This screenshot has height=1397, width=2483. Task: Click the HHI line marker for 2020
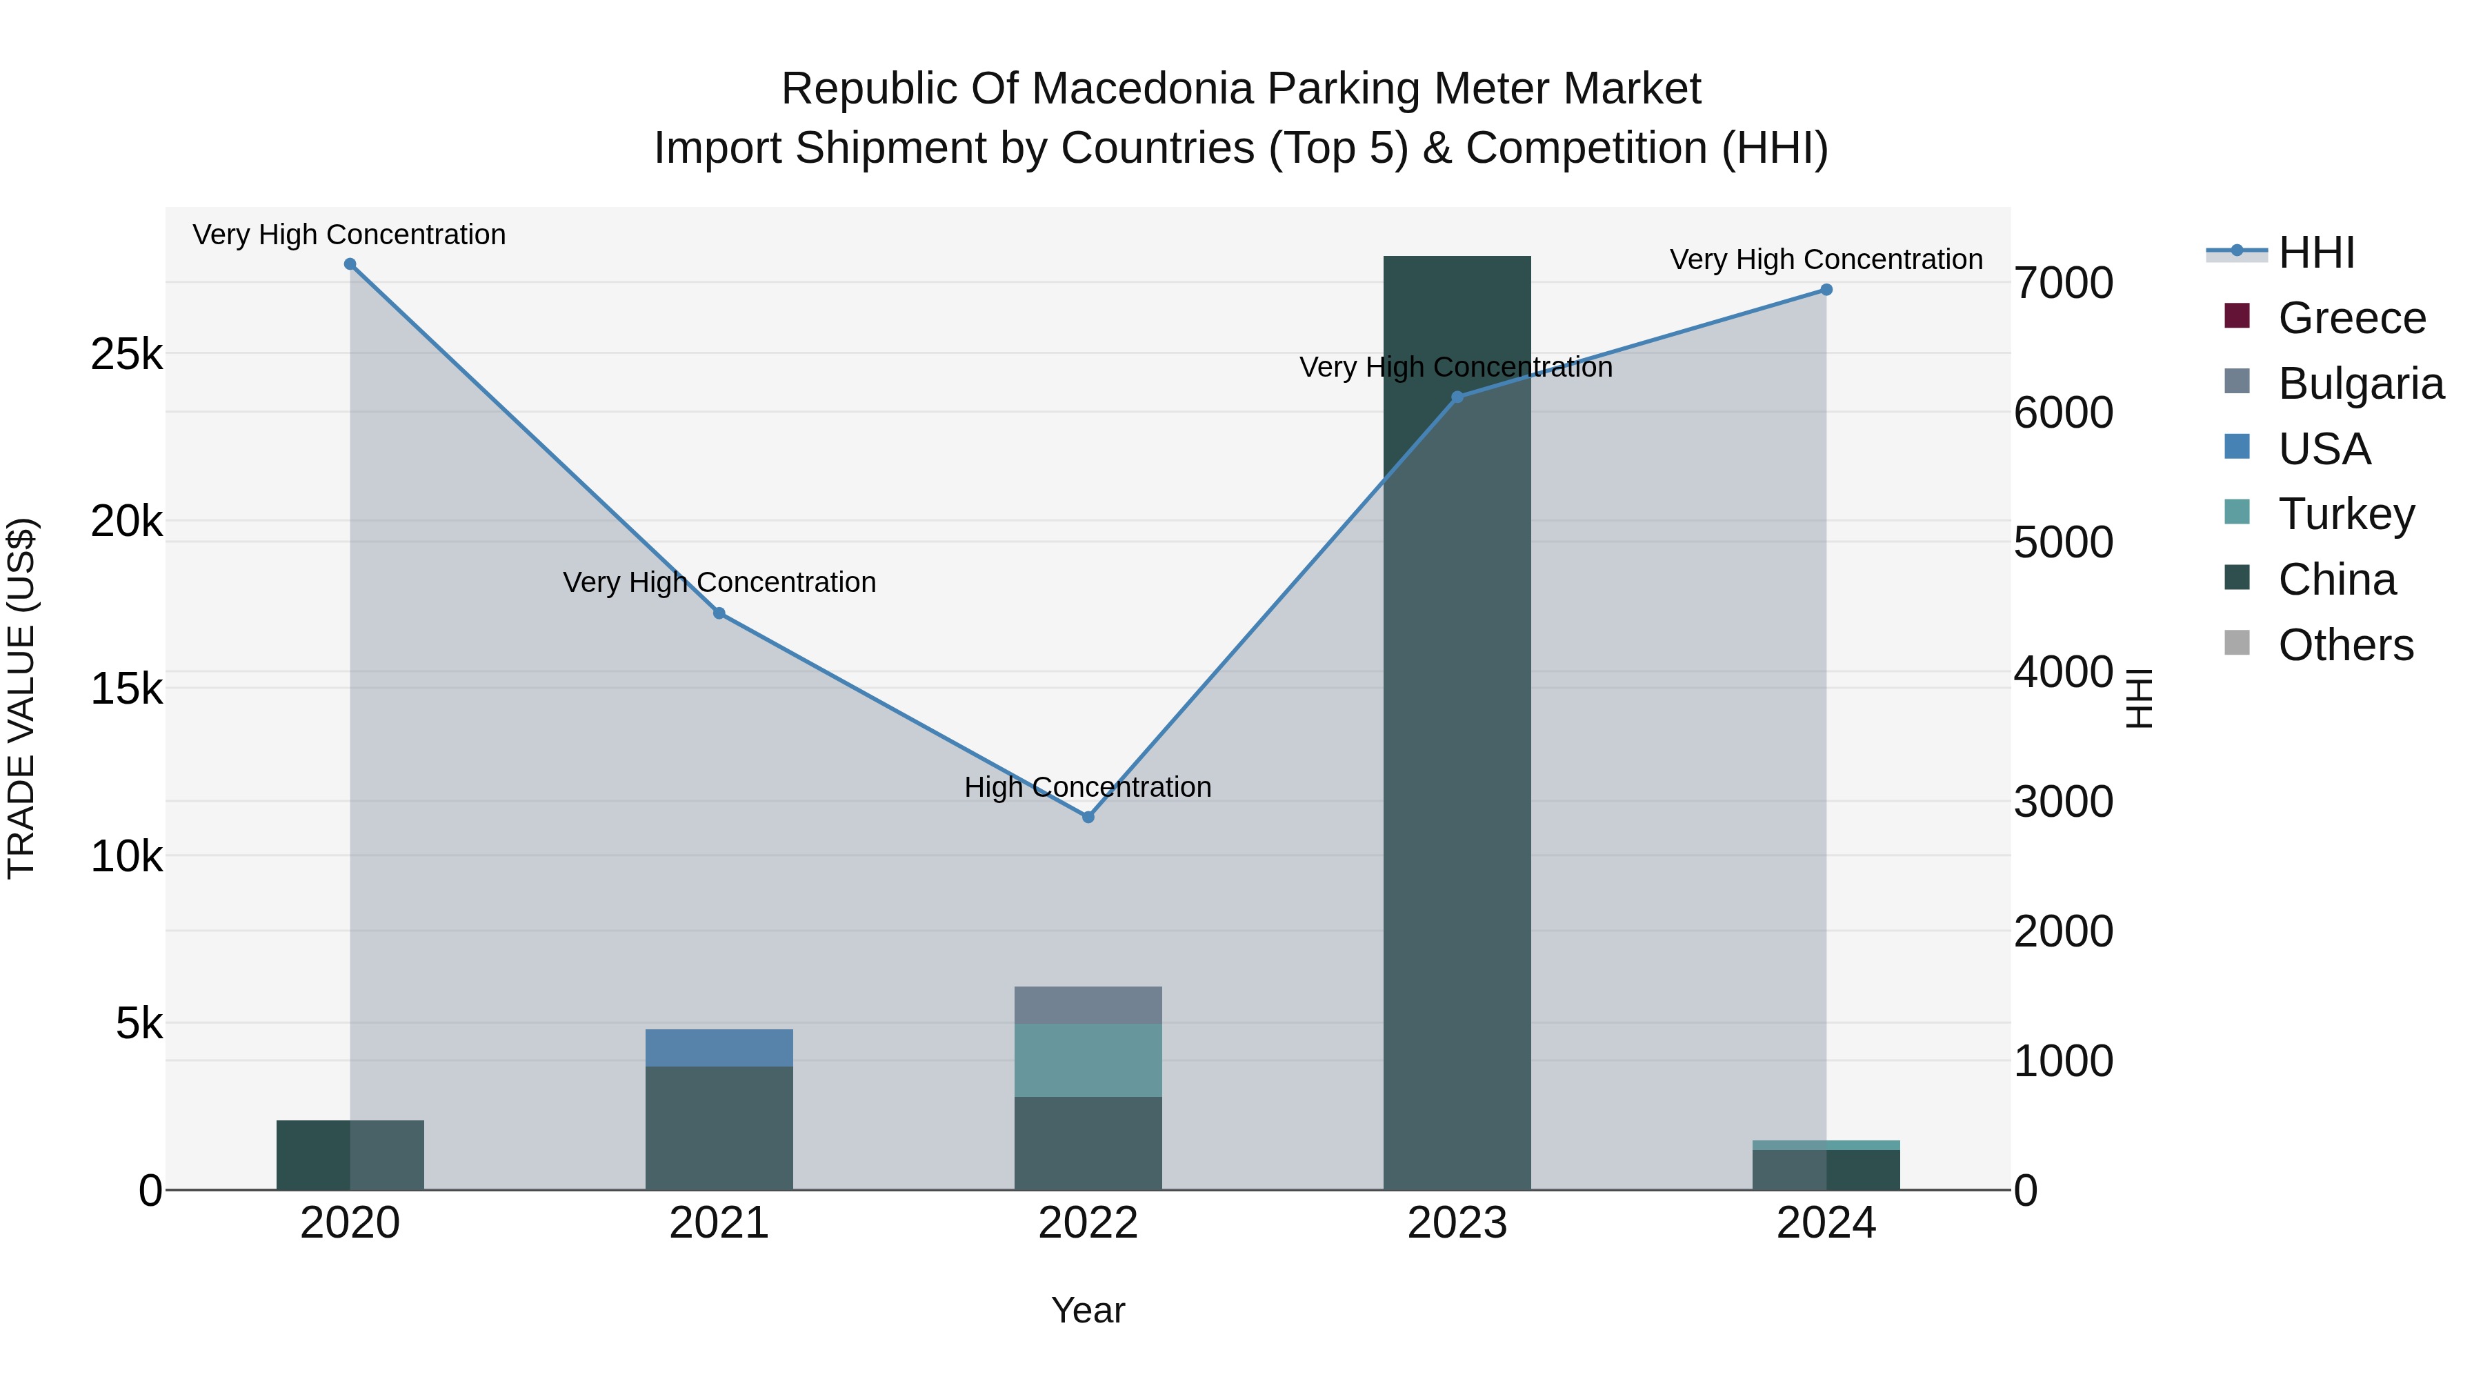[x=350, y=264]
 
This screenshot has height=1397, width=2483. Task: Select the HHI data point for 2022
[x=1088, y=817]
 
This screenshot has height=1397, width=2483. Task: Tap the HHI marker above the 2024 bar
[x=1826, y=289]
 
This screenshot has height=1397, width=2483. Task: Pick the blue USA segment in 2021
[x=719, y=1048]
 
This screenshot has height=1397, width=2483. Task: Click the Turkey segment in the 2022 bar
[x=1088, y=1060]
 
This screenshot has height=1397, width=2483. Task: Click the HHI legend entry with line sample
[x=2315, y=252]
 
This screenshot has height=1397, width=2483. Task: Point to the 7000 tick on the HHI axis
[x=2063, y=284]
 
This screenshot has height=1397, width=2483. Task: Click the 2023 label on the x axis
[x=1457, y=1223]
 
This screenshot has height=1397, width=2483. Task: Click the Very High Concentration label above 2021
[x=719, y=582]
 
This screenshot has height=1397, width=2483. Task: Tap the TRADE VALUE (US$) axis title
[x=21, y=698]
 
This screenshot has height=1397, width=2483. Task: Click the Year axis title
[x=1087, y=1310]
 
